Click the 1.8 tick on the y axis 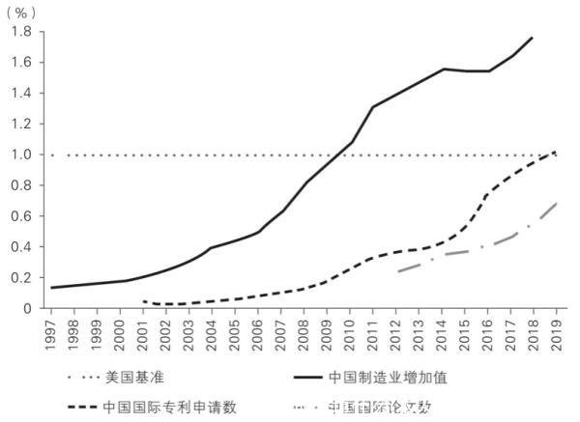pyautogui.click(x=21, y=32)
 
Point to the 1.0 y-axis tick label pyautogui.click(x=21, y=155)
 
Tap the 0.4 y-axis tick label pyautogui.click(x=21, y=246)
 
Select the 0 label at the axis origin pyautogui.click(x=29, y=308)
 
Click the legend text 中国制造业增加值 pyautogui.click(x=386, y=375)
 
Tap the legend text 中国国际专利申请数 pyautogui.click(x=169, y=407)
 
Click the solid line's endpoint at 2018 pyautogui.click(x=533, y=38)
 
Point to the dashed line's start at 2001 pyautogui.click(x=144, y=301)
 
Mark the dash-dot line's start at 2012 pyautogui.click(x=397, y=271)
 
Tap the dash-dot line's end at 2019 pyautogui.click(x=556, y=203)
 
